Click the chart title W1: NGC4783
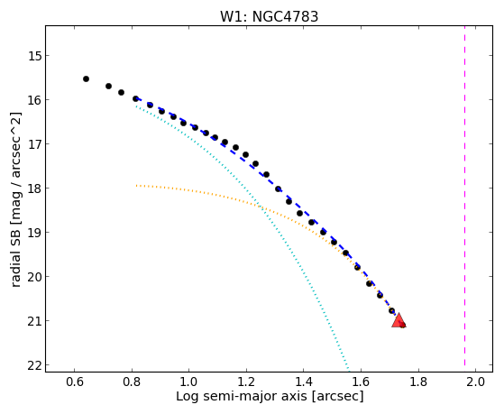coord(269,17)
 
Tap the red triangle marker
coord(399,320)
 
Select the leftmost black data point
coord(86,78)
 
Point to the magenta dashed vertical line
coord(465,196)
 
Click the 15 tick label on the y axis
coord(34,56)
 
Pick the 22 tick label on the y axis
coord(34,365)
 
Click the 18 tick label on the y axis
coord(34,189)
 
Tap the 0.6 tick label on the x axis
coord(74,382)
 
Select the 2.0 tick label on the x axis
coord(475,382)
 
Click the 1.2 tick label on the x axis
coord(246,382)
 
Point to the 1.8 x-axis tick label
coord(417,382)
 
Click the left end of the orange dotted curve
coord(136,185)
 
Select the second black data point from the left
coord(108,86)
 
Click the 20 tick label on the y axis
coord(34,277)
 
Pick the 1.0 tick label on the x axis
coord(189,382)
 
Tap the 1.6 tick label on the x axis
coord(361,382)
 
